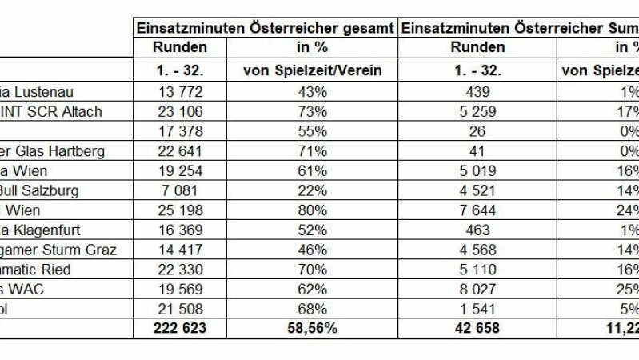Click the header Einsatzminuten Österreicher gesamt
click(264, 27)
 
